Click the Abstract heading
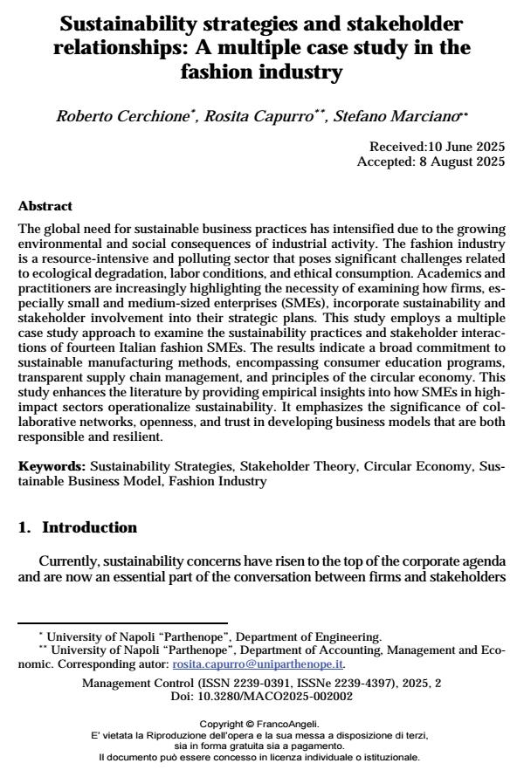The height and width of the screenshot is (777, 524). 45,207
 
